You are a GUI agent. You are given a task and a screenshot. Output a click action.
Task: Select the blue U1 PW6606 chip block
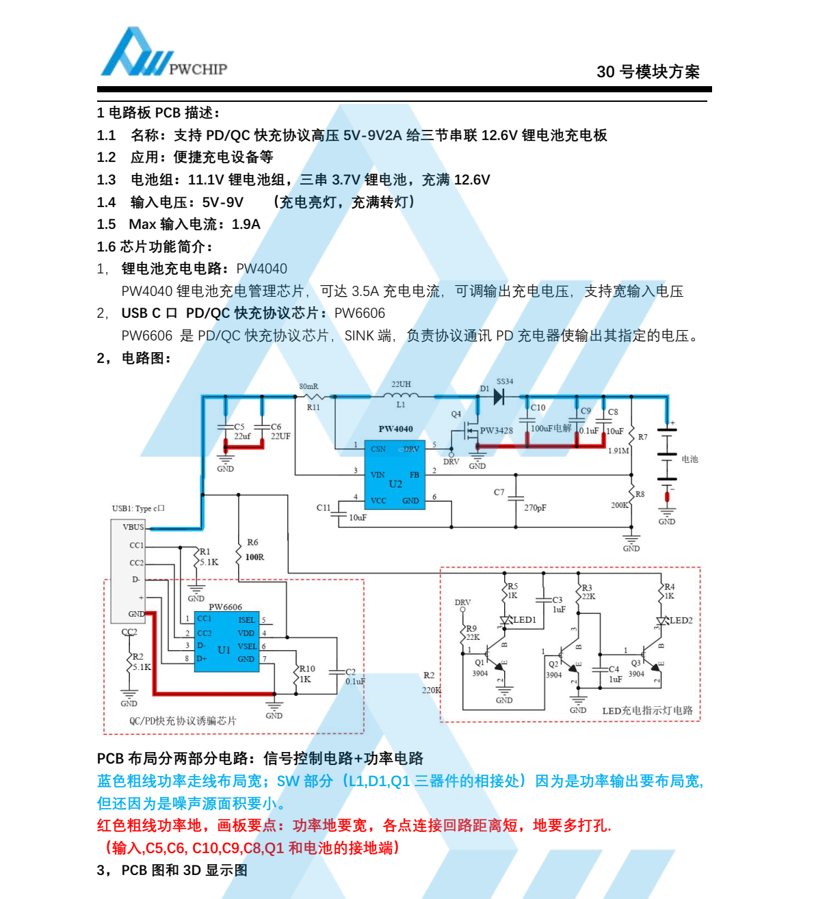pos(226,641)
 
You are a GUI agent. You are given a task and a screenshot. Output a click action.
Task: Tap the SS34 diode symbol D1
pos(498,397)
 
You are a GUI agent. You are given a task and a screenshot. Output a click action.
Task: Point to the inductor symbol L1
pos(400,395)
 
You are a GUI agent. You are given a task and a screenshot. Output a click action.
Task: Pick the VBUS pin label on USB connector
pos(133,527)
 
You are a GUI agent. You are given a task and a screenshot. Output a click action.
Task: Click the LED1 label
pos(525,619)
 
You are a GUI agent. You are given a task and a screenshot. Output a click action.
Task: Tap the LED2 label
pos(681,620)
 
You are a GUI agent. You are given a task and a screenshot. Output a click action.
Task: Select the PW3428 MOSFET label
pos(496,430)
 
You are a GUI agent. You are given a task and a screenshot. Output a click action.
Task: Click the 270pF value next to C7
pos(535,508)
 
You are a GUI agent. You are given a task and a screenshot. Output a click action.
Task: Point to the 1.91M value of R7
pos(618,451)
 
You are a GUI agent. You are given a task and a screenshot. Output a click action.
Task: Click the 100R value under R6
pos(254,557)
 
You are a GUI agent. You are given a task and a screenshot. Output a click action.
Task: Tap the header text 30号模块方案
pos(648,72)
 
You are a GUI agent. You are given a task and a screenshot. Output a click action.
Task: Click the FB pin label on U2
pos(414,474)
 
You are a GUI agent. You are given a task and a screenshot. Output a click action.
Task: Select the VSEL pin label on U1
pos(247,646)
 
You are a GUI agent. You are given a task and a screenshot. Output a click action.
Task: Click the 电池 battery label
pos(690,459)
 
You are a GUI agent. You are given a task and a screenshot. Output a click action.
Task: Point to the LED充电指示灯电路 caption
pos(647,710)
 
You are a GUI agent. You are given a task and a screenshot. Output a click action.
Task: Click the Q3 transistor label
pos(636,663)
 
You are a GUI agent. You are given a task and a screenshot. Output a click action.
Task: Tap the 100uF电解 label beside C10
pos(551,428)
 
